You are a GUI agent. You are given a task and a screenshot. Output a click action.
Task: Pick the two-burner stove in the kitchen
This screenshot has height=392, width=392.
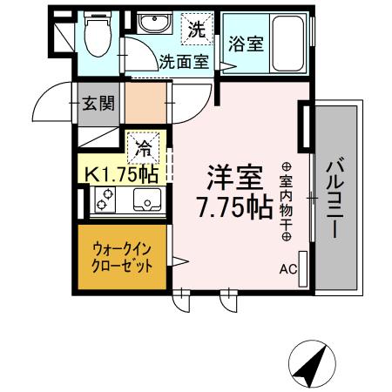tap(105, 203)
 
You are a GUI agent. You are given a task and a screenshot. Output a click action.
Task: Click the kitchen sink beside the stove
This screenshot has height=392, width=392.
tap(145, 202)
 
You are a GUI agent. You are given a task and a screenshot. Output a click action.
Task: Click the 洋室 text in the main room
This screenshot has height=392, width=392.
tap(233, 179)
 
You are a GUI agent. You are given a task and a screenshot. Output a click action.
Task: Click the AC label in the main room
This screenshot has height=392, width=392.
tap(287, 270)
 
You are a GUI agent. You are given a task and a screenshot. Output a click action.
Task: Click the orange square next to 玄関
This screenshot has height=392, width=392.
tap(144, 103)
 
